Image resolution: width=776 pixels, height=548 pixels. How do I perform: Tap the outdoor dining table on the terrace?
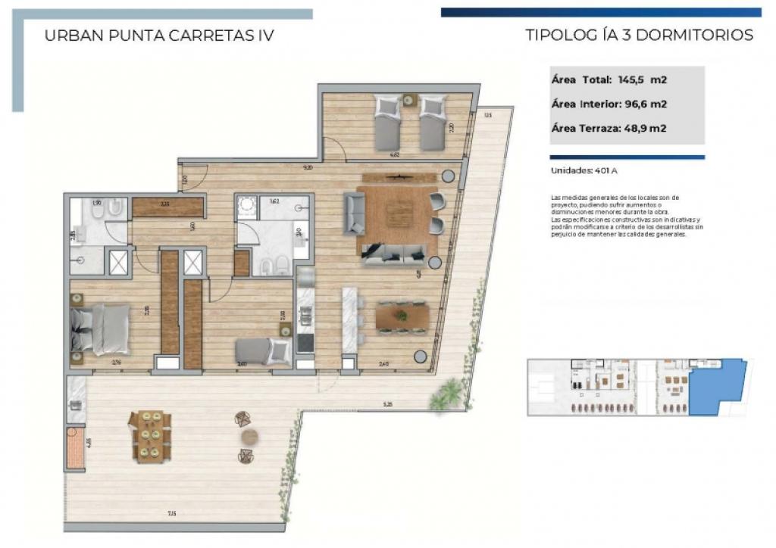tap(150, 436)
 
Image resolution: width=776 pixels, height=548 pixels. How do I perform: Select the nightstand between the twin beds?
tap(410, 99)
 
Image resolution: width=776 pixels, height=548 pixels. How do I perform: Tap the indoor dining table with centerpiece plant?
tap(402, 316)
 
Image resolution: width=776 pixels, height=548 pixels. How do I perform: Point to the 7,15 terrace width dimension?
tap(172, 515)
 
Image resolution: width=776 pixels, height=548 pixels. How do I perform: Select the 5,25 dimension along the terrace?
tap(387, 404)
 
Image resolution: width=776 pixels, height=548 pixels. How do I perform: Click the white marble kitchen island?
tap(349, 319)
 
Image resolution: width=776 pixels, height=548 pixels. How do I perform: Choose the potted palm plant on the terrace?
tap(449, 395)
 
